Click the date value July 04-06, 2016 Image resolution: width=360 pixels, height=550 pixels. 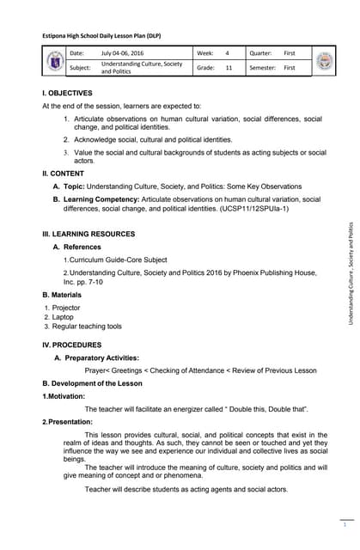tap(124, 53)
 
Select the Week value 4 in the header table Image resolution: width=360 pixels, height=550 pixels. tap(228, 53)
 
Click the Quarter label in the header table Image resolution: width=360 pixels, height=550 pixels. tap(260, 53)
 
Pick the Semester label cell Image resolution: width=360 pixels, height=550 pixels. tap(263, 67)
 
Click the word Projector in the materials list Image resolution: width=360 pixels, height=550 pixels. tap(66, 307)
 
